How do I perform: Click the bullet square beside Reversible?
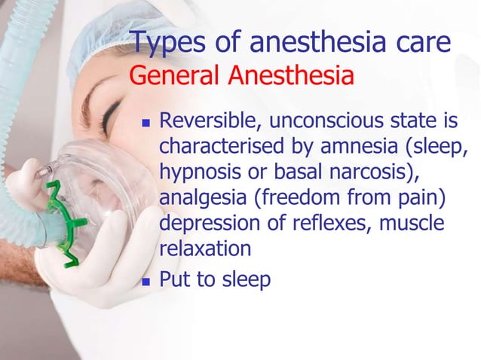[x=147, y=122]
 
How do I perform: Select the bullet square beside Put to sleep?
[x=147, y=282]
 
